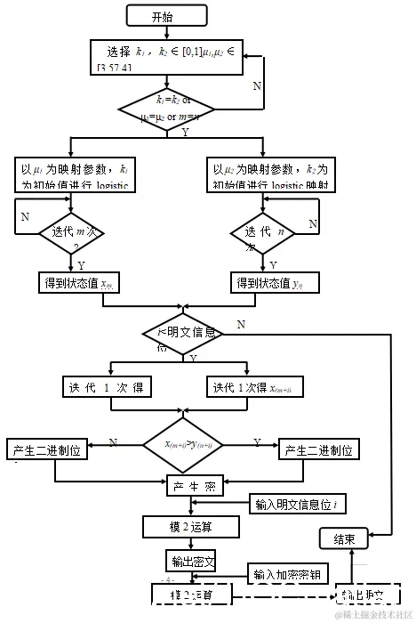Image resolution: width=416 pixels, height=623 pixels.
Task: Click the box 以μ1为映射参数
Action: point(71,175)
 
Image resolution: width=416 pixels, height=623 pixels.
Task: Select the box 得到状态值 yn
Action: point(263,284)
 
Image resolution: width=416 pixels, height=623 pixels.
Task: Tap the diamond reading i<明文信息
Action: point(185,334)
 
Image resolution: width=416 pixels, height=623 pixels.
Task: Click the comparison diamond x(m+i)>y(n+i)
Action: point(186,443)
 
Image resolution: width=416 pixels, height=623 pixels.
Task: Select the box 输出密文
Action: point(191,562)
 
